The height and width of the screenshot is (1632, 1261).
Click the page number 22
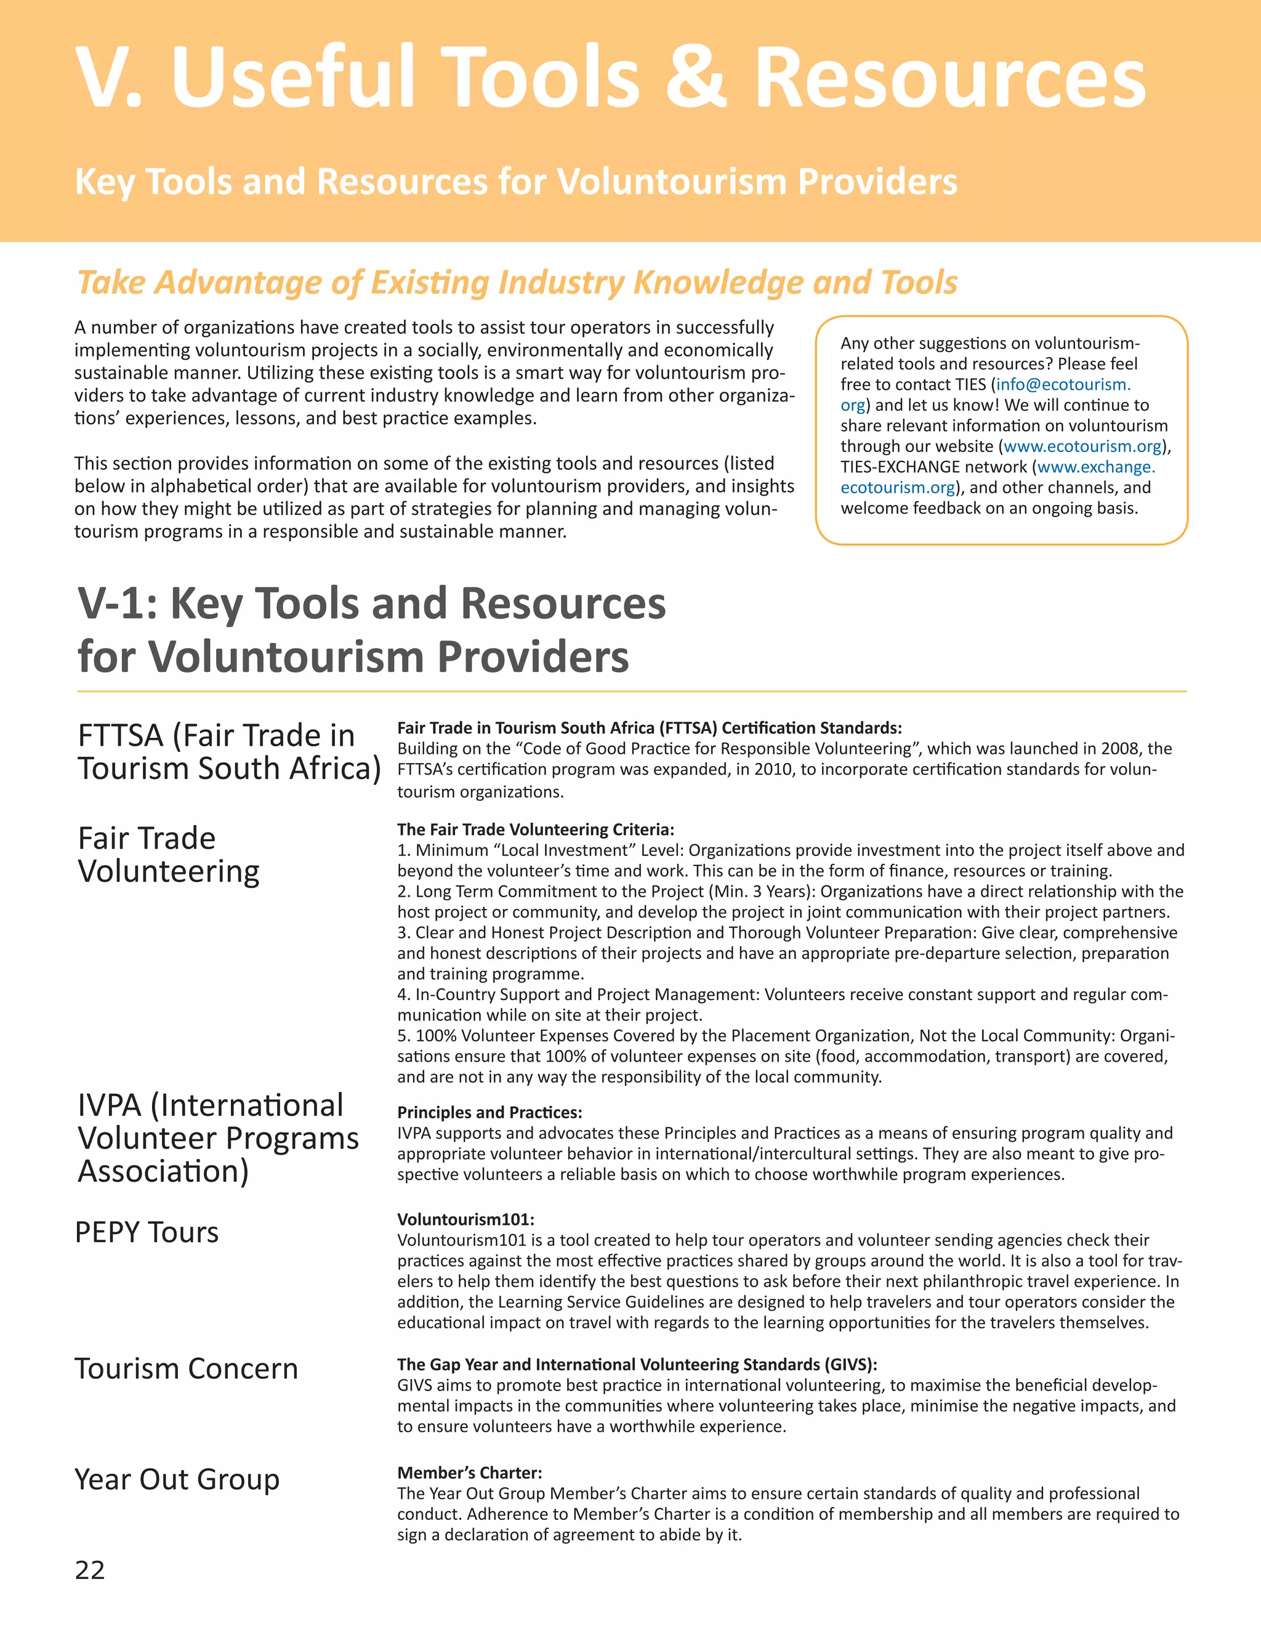pyautogui.click(x=90, y=1569)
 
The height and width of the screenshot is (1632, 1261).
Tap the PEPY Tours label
pyautogui.click(x=147, y=1232)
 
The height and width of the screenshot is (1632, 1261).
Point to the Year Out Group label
pyautogui.click(x=177, y=1479)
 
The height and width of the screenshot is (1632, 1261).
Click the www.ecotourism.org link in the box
pyautogui.click(x=1082, y=446)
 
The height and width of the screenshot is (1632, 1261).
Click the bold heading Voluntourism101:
pyautogui.click(x=465, y=1219)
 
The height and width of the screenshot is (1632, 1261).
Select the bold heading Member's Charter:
pyautogui.click(x=469, y=1472)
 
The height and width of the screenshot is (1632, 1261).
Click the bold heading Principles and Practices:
pyautogui.click(x=489, y=1112)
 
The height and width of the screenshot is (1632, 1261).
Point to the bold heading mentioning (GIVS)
pyautogui.click(x=637, y=1363)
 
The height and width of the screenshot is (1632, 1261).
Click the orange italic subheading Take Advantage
pyautogui.click(x=517, y=283)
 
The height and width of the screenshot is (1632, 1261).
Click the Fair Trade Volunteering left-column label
pyautogui.click(x=169, y=854)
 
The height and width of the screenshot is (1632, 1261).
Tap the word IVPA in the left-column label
pyautogui.click(x=109, y=1105)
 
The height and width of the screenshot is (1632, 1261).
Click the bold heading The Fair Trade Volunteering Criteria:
pyautogui.click(x=536, y=830)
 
